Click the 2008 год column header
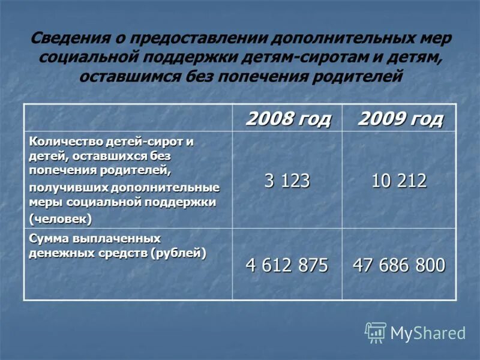pos(288,119)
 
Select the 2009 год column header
pos(400,119)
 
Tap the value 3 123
pos(287,181)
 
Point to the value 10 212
pos(399,181)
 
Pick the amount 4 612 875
pos(287,265)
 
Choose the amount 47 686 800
pos(399,265)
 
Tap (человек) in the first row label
pos(61,218)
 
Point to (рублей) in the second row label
pos(179,253)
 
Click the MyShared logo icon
pos(376,332)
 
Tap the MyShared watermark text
pos(428,333)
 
